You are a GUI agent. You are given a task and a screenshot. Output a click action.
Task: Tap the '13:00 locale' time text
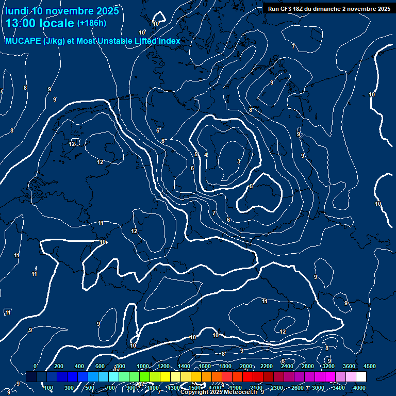coord(40,23)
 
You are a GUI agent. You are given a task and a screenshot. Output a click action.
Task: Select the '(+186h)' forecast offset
coord(91,23)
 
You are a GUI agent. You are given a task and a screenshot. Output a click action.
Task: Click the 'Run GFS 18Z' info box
coord(329,9)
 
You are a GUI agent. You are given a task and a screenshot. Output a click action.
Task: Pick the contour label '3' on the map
coord(238,162)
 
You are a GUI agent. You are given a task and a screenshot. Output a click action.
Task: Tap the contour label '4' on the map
coord(206,155)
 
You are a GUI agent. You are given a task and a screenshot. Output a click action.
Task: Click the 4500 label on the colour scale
coord(370,366)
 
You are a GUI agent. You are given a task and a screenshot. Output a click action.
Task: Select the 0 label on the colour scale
coord(35,366)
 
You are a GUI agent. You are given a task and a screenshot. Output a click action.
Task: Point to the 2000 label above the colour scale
coord(246,366)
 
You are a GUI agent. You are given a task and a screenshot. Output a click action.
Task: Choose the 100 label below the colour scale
coord(49,388)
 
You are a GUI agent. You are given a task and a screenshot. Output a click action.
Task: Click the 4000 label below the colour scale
coord(360,388)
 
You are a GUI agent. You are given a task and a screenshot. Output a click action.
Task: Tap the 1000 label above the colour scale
coord(143,366)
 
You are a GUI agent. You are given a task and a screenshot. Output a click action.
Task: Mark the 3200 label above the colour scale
coord(328,366)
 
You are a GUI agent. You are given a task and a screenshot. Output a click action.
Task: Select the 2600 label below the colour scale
coord(298,388)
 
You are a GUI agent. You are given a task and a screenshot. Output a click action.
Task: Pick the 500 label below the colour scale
coord(90,388)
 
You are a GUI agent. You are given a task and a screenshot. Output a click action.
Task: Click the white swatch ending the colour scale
coord(361,377)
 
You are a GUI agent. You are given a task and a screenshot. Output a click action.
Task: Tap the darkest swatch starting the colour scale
coord(31,377)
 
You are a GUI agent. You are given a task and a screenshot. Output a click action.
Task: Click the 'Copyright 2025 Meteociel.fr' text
coord(219,392)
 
